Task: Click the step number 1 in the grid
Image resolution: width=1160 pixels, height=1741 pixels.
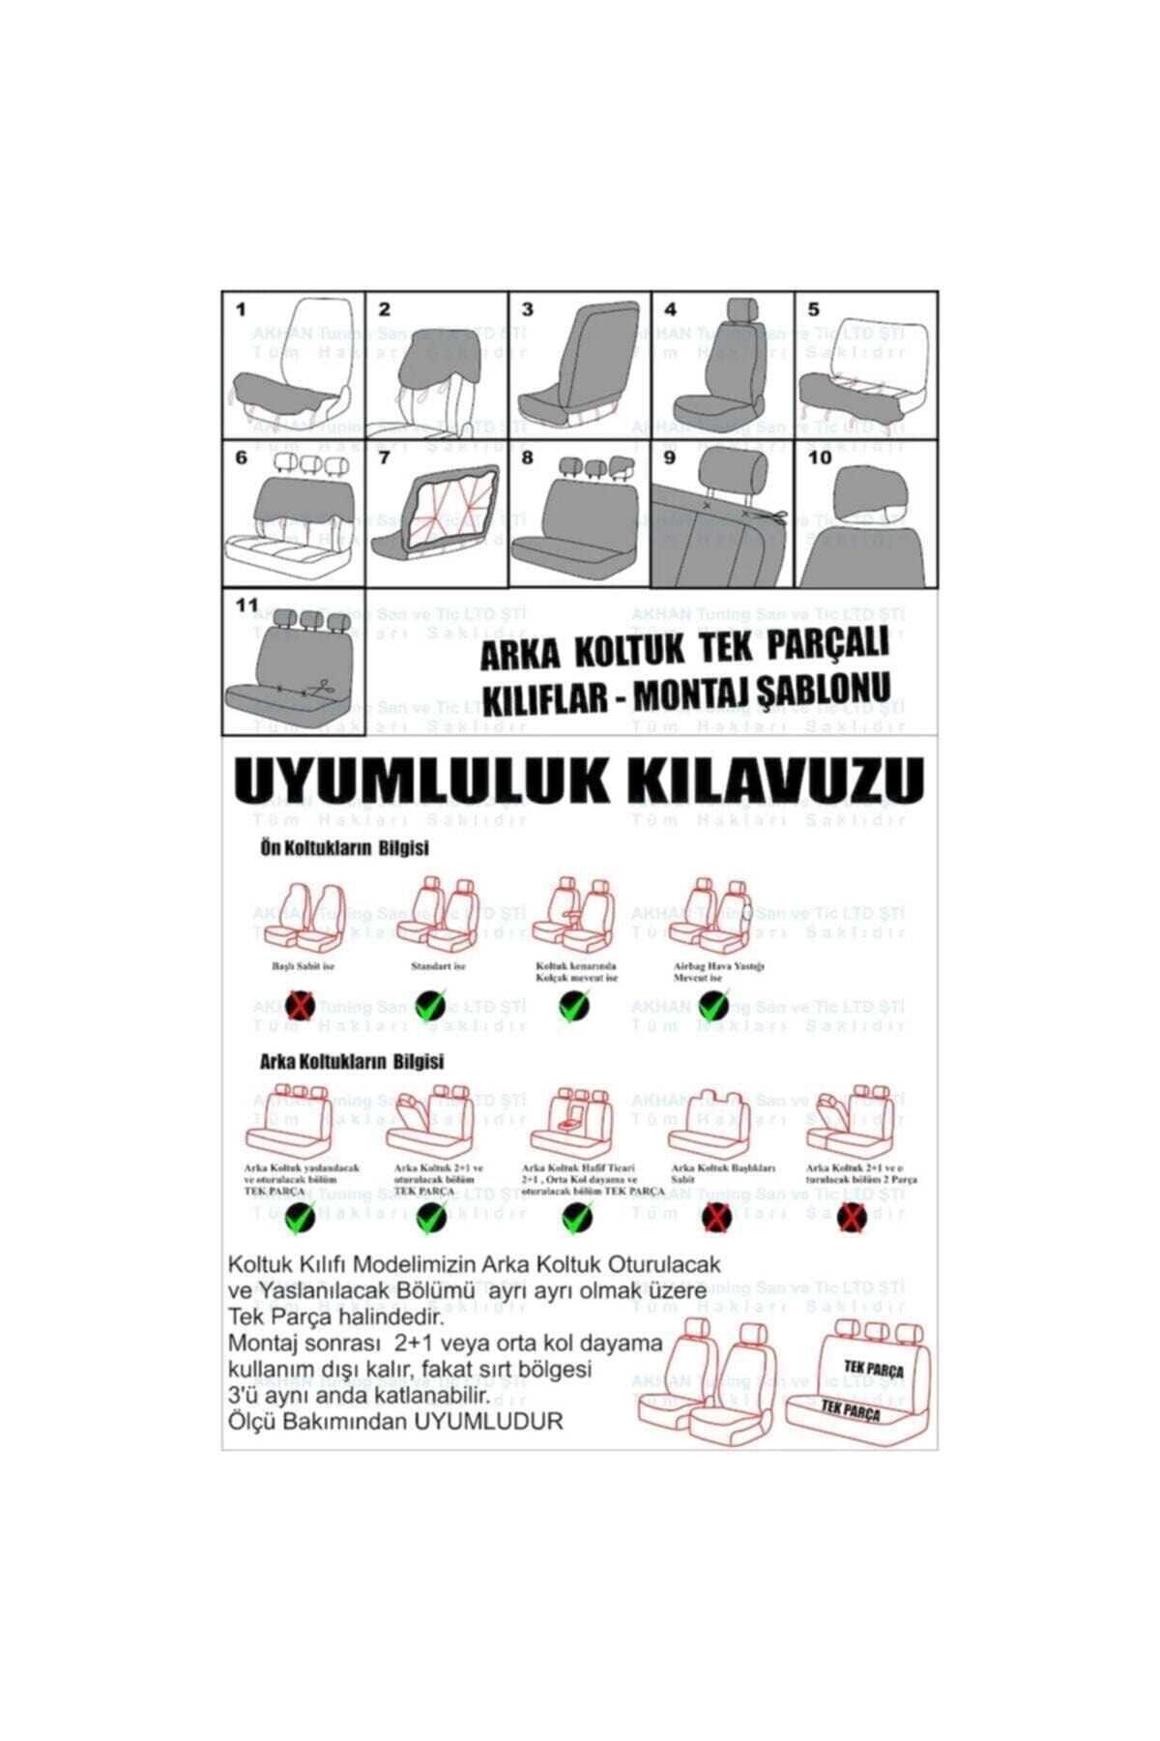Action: click(x=241, y=310)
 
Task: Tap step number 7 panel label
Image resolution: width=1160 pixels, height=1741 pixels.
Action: click(x=384, y=457)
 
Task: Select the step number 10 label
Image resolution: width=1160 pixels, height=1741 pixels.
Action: click(x=819, y=457)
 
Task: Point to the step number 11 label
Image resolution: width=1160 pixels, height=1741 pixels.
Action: click(x=247, y=605)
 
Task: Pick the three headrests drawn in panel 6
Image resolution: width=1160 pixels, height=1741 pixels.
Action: click(x=309, y=465)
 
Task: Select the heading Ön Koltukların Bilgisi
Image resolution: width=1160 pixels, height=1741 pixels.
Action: click(x=344, y=848)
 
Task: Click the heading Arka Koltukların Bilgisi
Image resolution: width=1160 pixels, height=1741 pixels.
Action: click(x=352, y=1061)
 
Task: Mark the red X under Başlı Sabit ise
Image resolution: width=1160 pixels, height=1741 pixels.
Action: click(x=300, y=1007)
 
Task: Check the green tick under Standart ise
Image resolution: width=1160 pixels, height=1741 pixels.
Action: click(x=430, y=1006)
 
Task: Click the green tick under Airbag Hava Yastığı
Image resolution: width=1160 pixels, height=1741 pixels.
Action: click(x=714, y=1006)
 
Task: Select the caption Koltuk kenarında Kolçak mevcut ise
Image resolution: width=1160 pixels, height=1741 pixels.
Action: click(x=577, y=972)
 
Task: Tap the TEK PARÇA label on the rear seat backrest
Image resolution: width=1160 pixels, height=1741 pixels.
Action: click(x=873, y=1370)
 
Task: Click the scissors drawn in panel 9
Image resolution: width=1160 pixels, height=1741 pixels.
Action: click(x=773, y=517)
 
